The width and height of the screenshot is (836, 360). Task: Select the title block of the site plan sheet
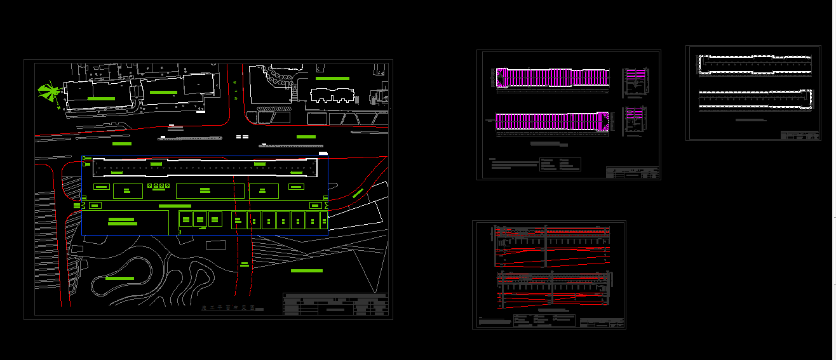[x=335, y=304]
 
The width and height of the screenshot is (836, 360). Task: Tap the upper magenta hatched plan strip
[x=552, y=77]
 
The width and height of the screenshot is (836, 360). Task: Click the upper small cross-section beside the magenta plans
[x=635, y=83]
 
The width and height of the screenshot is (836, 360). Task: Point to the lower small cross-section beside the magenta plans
[x=635, y=121]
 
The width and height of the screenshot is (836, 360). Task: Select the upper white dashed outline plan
[x=755, y=65]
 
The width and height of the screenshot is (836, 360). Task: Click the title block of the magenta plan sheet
[x=633, y=172]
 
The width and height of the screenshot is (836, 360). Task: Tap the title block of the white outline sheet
[x=800, y=135]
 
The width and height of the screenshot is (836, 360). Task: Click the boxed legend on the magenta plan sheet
[x=560, y=164]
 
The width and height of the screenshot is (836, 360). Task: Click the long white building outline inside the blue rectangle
[x=205, y=168]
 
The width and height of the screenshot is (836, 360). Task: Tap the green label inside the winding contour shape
[x=119, y=278]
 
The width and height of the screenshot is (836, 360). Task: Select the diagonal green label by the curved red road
[x=358, y=192]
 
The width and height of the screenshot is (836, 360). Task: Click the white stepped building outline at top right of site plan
[x=334, y=96]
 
